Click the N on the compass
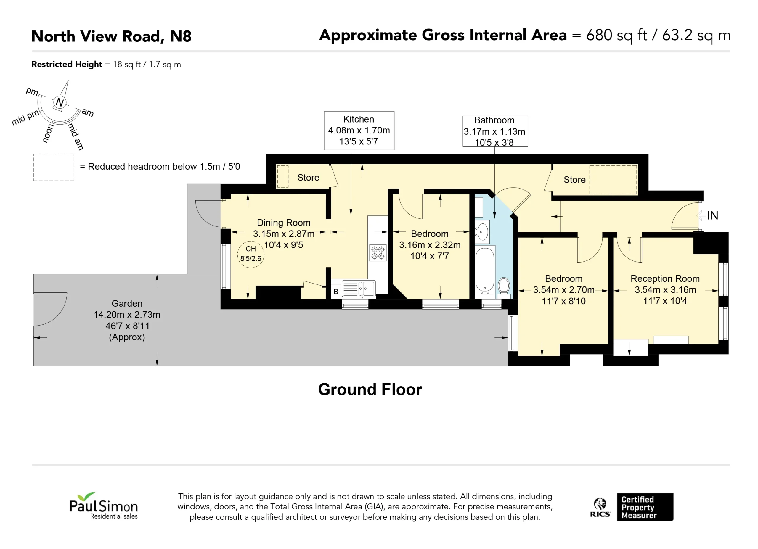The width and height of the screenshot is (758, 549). tap(60, 102)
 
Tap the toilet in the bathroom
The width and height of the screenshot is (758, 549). tap(503, 288)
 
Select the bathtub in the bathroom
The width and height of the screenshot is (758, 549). tap(485, 270)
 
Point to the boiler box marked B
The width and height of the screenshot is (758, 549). tap(336, 292)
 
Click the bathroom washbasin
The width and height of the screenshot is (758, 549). tap(482, 231)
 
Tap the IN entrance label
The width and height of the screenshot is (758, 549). tap(712, 215)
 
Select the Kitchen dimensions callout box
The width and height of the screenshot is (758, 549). tap(359, 131)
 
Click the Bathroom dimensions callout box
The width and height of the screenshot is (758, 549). tap(495, 131)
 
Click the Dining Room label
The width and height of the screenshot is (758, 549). tap(284, 223)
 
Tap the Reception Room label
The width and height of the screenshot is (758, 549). tap(665, 279)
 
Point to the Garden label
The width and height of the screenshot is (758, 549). tap(127, 303)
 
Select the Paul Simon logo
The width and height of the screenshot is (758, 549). tap(104, 505)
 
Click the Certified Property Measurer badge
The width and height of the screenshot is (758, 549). tap(645, 507)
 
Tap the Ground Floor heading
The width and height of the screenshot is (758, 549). tap(370, 389)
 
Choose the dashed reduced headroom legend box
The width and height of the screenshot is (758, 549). tap(54, 168)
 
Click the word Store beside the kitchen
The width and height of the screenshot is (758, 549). tap(308, 178)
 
